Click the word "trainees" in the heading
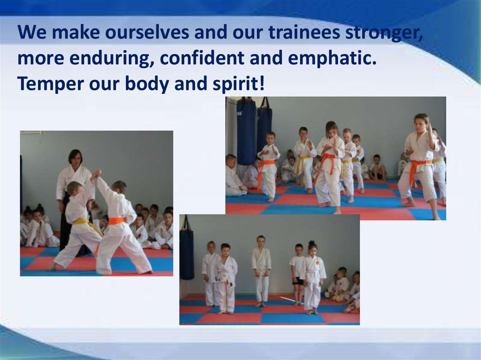[304, 32]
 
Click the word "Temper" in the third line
[50, 84]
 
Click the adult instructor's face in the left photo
[75, 157]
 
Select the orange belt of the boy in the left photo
[117, 221]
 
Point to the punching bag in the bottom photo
[186, 252]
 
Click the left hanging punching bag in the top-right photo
[246, 131]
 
